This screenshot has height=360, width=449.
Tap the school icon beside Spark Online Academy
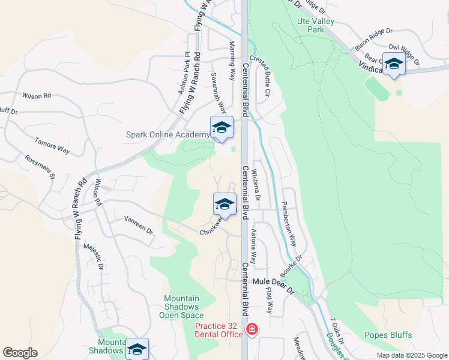221,128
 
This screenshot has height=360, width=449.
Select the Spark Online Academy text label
167,134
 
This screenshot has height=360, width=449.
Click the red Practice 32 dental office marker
253,329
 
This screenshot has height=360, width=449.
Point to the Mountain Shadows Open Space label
183,307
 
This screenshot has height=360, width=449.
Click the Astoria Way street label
253,247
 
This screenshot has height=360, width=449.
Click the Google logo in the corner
20,353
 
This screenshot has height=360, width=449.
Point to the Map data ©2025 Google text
411,355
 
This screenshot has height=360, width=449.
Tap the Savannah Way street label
218,93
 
